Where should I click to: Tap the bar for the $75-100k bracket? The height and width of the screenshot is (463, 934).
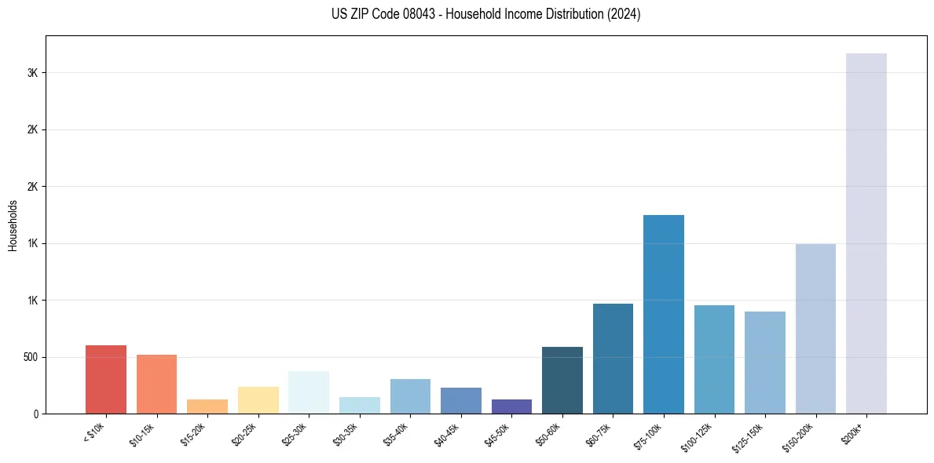coord(664,314)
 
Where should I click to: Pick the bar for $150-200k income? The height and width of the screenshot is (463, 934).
coord(815,329)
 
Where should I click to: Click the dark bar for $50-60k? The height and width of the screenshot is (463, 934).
coord(562,380)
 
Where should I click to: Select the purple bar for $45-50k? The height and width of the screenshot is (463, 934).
coord(511,406)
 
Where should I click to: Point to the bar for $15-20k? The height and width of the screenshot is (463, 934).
coord(207,406)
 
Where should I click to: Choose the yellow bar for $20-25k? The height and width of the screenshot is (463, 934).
coord(258,400)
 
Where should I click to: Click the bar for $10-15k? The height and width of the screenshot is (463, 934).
coord(157,384)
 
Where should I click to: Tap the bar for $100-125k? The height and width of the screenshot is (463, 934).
coord(714,359)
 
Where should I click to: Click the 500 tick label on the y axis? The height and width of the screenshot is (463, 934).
coord(31,357)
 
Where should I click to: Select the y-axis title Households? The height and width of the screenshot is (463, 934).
coord(13,225)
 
